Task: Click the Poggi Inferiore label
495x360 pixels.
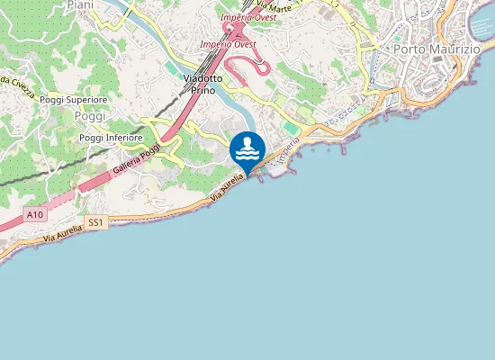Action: [111, 137]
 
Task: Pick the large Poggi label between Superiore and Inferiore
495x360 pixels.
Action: [90, 117]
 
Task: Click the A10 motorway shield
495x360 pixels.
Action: [35, 214]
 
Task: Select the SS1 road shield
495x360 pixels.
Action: [96, 221]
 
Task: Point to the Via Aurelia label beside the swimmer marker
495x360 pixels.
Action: [227, 185]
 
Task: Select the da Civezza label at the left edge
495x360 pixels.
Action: [16, 81]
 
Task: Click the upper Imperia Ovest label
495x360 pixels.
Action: [247, 16]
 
